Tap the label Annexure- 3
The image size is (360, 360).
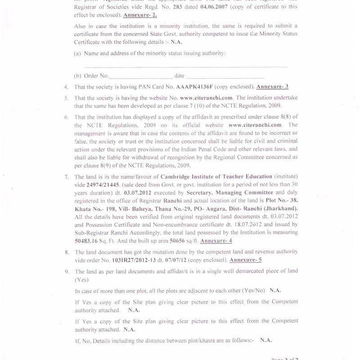pyautogui.click(x=272, y=87)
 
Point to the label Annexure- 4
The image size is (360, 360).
pyautogui.click(x=216, y=241)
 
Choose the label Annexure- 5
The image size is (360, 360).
pyautogui.click(x=245, y=260)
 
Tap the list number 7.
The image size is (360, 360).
pyautogui.click(x=66, y=176)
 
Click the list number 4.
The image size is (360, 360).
pyautogui.click(x=66, y=87)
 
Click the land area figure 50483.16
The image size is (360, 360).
pyautogui.click(x=89, y=241)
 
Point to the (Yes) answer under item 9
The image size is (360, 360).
pyautogui.click(x=81, y=279)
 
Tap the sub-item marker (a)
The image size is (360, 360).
pyautogui.click(x=77, y=53)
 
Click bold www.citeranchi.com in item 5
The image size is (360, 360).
pyautogui.click(x=206, y=98)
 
